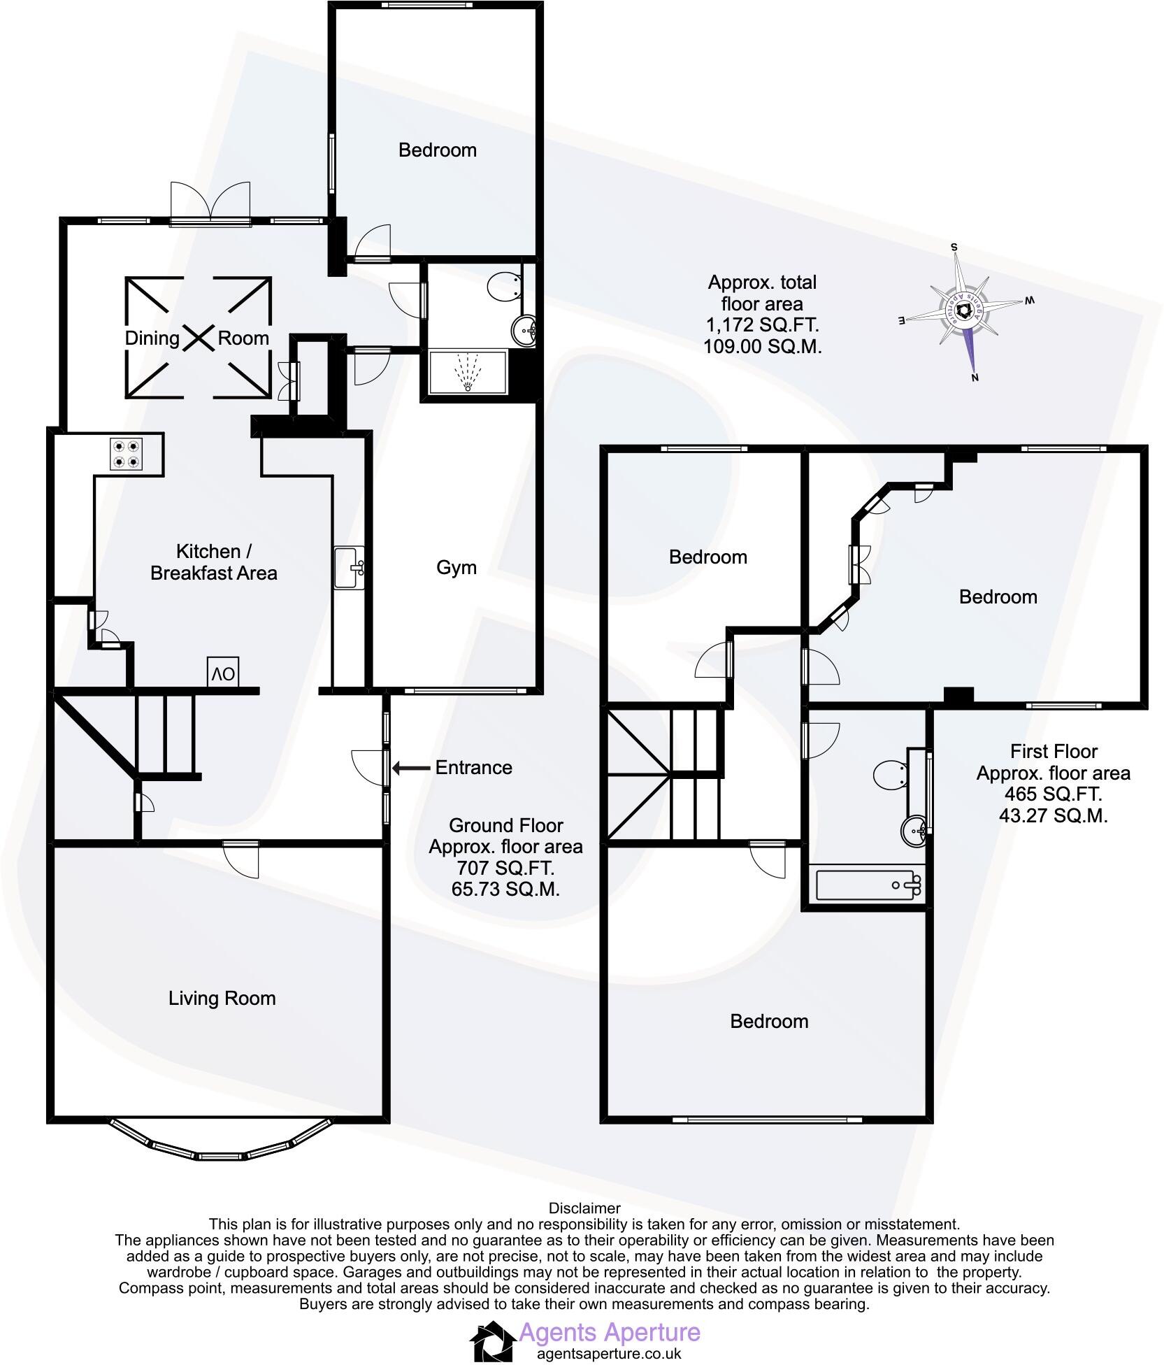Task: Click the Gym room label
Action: (456, 568)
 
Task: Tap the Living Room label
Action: (222, 998)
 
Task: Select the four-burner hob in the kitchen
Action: (126, 454)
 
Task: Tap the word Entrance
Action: (473, 768)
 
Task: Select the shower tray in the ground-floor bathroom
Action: (467, 373)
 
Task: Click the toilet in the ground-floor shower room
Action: (504, 287)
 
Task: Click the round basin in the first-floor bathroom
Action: (914, 830)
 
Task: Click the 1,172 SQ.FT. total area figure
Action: (762, 325)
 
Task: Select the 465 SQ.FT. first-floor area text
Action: (1053, 794)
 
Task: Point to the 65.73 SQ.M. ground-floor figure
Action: (505, 889)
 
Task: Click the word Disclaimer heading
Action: (584, 1208)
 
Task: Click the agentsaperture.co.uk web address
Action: (608, 1354)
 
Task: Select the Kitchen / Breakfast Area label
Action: (214, 562)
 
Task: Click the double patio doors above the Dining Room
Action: (210, 204)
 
